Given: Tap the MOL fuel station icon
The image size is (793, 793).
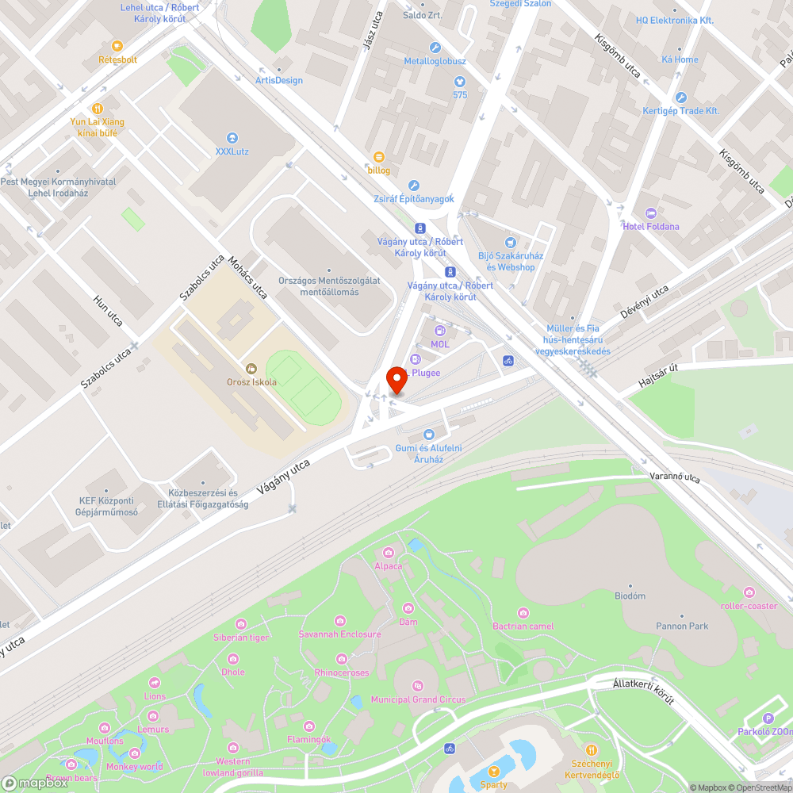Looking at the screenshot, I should point(439,330).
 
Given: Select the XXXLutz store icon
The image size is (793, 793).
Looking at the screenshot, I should point(232,137).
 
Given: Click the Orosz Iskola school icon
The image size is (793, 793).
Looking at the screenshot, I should point(251,368).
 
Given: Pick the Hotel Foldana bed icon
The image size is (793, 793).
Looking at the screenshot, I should point(651,213).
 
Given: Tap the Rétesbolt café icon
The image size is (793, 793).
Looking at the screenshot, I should point(117,46).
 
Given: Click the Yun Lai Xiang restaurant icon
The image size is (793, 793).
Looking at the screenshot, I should point(98,109).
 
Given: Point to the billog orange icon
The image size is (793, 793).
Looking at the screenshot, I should point(378,157).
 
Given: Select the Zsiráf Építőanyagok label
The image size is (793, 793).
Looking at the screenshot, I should point(414,198).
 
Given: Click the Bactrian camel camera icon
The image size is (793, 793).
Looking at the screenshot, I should point(523,612).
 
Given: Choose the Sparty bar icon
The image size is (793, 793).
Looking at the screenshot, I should point(494,771).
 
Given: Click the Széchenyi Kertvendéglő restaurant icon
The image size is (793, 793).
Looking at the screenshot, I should point(591,750).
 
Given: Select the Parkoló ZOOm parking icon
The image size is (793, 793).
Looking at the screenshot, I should point(768,718).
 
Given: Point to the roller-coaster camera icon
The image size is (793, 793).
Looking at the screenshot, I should point(749,592).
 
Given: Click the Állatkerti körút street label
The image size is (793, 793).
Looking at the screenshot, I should point(643,691).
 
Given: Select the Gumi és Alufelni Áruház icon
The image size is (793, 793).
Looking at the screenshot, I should point(429,435).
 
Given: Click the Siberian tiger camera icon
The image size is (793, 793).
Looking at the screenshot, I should point(240,623).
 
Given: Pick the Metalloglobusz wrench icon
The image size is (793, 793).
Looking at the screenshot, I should point(435,48).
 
